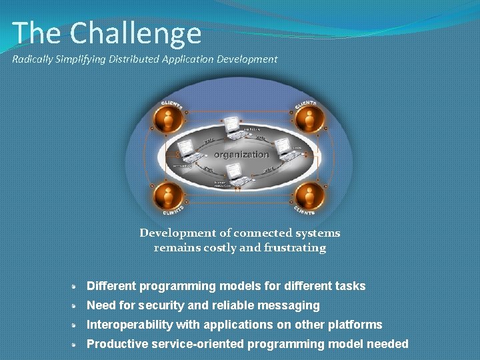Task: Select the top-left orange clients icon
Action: [169, 119]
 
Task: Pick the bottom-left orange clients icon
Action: [169, 196]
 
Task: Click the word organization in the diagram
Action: [241, 154]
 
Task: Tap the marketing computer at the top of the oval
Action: [233, 125]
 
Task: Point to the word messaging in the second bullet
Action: [292, 305]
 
